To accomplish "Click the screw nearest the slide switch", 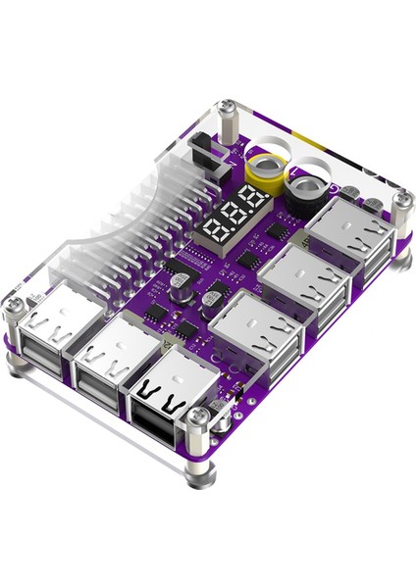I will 228,108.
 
